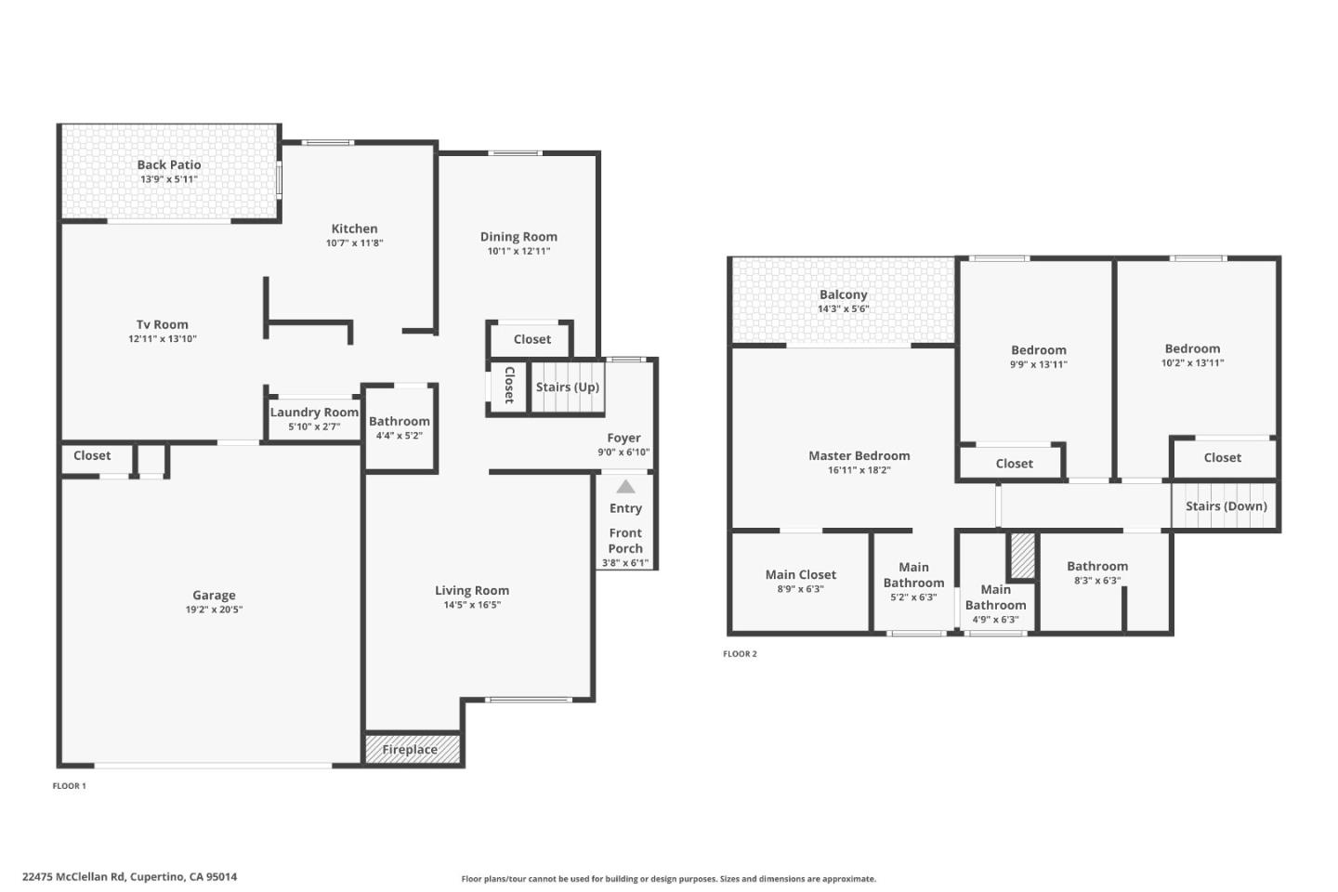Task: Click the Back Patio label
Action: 169,164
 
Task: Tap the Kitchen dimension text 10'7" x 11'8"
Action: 354,243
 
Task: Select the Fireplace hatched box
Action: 413,749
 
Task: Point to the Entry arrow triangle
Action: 625,487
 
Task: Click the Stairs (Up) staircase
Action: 568,387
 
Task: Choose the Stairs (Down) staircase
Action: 1225,506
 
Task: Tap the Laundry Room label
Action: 314,413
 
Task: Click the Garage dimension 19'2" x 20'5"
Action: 214,610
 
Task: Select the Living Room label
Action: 472,590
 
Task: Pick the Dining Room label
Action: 518,236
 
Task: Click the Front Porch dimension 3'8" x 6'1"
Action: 625,563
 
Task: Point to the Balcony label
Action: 843,295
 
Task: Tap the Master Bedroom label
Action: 859,455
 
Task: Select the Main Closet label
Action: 800,574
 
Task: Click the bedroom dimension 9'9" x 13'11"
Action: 1039,365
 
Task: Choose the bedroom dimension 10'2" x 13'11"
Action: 1192,363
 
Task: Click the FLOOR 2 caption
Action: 740,654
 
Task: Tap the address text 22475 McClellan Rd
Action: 73,876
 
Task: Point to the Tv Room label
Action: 163,324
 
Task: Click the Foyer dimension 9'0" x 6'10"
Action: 623,453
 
